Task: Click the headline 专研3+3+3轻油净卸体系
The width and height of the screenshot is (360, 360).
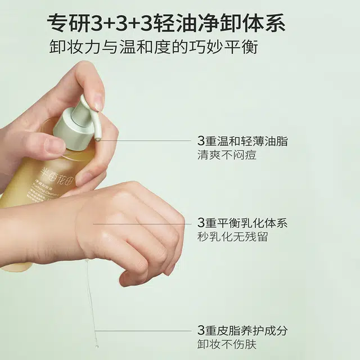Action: [166, 24]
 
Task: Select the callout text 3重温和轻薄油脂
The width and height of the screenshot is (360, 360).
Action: [242, 141]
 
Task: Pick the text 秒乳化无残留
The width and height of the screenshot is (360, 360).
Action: [233, 237]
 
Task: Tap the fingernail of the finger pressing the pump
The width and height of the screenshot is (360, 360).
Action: [98, 103]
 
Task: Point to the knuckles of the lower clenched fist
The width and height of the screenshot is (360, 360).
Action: [169, 236]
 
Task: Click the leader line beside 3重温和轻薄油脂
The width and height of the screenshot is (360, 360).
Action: [146, 141]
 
